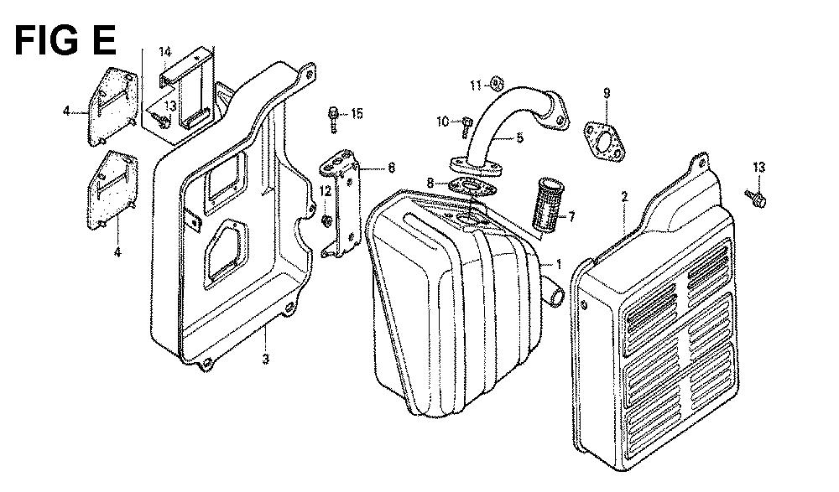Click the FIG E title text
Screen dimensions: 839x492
[x=65, y=40]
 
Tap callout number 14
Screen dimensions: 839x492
[x=164, y=52]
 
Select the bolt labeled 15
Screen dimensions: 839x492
[x=333, y=119]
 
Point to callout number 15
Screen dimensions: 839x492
[x=357, y=113]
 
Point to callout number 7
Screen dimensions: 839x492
[x=571, y=217]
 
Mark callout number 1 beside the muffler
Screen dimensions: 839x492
[x=559, y=264]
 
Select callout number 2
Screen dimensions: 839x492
[x=624, y=197]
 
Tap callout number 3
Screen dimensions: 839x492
[x=265, y=359]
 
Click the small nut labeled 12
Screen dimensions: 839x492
[x=325, y=220]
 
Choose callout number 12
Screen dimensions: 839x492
[x=326, y=191]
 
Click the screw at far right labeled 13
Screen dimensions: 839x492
[x=756, y=198]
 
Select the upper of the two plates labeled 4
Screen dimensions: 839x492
[x=112, y=106]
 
